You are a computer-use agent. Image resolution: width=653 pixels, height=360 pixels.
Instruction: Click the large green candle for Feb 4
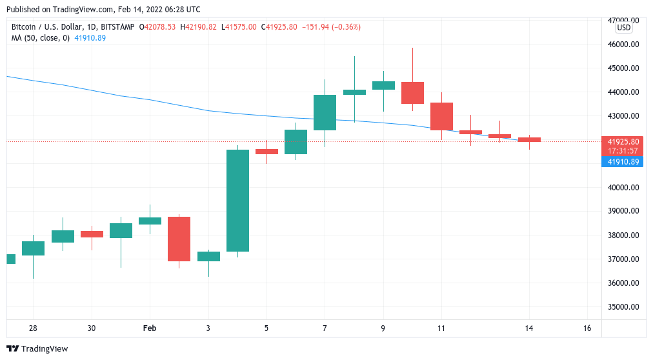pyautogui.click(x=237, y=201)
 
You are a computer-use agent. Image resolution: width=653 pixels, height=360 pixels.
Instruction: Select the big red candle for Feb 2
pyautogui.click(x=179, y=239)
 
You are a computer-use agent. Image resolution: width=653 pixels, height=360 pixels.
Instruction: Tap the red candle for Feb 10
pyautogui.click(x=412, y=93)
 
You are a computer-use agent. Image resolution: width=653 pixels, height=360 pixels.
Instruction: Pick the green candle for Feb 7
pyautogui.click(x=325, y=112)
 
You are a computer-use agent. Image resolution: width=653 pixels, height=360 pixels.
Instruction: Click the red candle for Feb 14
pyautogui.click(x=529, y=139)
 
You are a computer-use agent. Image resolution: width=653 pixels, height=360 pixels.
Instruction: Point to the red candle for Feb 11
pyautogui.click(x=441, y=116)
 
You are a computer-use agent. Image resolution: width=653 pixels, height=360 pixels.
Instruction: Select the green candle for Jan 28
pyautogui.click(x=33, y=248)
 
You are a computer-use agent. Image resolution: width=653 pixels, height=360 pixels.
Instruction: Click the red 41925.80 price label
pyautogui.click(x=623, y=141)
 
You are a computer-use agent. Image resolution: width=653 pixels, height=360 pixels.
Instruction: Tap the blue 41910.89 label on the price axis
pyautogui.click(x=623, y=162)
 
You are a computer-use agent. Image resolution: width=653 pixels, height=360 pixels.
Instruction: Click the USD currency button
pyautogui.click(x=623, y=28)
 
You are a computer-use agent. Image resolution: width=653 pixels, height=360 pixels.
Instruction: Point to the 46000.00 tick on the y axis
pyautogui.click(x=623, y=45)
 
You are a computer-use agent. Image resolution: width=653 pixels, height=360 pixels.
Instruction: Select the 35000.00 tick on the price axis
pyautogui.click(x=623, y=307)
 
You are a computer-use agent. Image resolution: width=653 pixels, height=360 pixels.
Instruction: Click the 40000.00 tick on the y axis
pyautogui.click(x=623, y=188)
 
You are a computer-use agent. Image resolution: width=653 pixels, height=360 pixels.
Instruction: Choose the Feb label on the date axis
pyautogui.click(x=150, y=328)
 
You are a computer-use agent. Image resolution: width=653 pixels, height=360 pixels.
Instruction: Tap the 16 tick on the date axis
pyautogui.click(x=587, y=328)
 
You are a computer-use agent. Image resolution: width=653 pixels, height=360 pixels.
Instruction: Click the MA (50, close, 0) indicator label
pyautogui.click(x=40, y=38)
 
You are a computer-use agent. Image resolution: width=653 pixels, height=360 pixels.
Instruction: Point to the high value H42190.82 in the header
pyautogui.click(x=198, y=27)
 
